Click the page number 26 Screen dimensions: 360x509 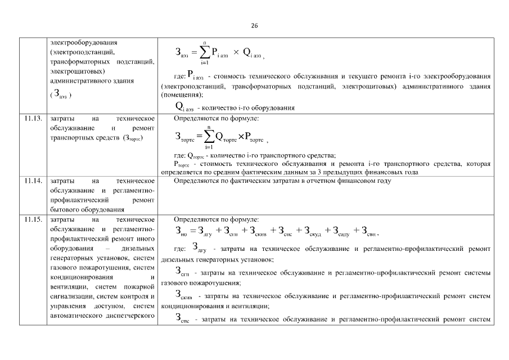254,26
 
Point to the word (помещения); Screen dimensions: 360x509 178,95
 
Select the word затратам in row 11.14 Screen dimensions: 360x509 287,181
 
